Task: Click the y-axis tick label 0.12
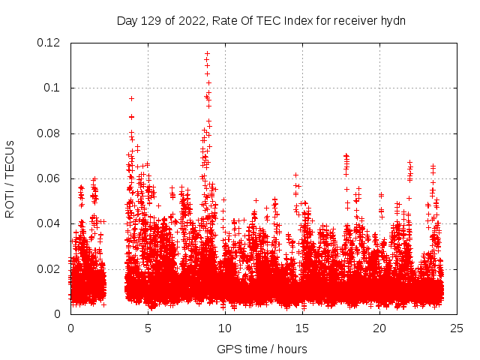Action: pos(49,43)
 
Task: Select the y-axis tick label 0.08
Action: pos(49,133)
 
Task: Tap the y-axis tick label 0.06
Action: pos(49,178)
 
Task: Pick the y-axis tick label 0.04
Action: pos(49,223)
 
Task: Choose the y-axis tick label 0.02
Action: pos(49,268)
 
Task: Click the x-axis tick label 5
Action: pos(148,328)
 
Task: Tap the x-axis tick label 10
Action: pos(225,328)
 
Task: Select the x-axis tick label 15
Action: pos(302,328)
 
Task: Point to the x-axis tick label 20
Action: pos(379,328)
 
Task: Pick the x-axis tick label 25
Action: pos(457,328)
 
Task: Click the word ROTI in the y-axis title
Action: pos(10,203)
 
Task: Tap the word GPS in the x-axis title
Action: pos(227,349)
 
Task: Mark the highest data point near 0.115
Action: pos(207,53)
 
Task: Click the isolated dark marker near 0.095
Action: pos(131,98)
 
